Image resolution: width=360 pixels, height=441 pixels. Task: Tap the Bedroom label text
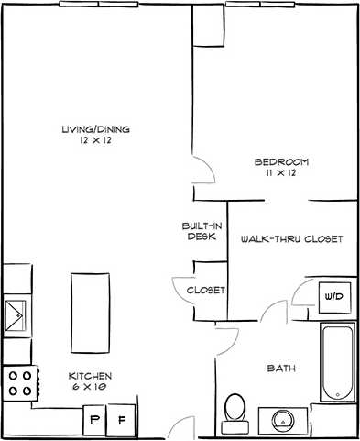(x=281, y=162)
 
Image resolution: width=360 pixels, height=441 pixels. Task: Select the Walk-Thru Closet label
(x=291, y=238)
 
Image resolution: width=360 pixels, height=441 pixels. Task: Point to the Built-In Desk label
(x=201, y=230)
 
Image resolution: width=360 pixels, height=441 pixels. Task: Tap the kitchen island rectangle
(x=90, y=310)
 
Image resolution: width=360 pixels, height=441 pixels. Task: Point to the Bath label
(x=279, y=369)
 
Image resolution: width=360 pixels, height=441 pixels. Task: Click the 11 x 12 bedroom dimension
(x=281, y=174)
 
